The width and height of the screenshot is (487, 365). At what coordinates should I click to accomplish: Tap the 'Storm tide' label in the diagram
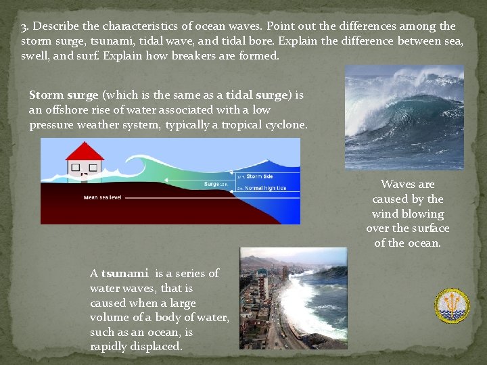(x=258, y=177)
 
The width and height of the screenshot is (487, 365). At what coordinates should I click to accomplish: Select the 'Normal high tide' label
(x=265, y=188)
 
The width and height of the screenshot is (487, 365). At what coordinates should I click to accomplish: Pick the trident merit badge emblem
(x=451, y=306)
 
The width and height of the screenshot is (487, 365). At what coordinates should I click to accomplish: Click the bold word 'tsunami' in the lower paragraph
(x=125, y=274)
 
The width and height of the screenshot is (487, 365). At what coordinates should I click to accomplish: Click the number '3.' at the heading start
(x=25, y=26)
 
